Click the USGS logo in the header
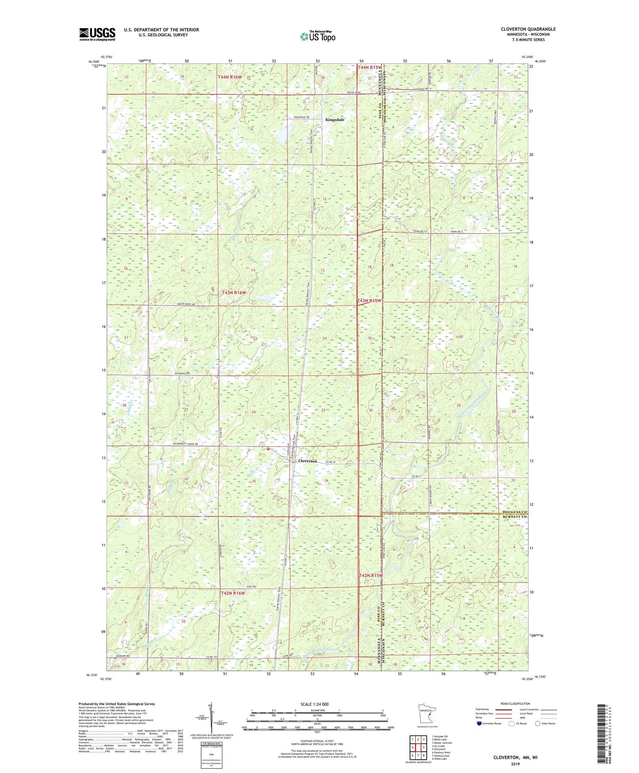pos(97,34)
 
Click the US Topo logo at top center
pos(317,36)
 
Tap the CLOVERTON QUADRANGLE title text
pos(528,29)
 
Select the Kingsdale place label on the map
pos(335,120)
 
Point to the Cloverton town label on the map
pos(307,461)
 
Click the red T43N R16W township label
pos(234,293)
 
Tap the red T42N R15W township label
pos(370,576)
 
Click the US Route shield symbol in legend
pos(512,723)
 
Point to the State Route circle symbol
pos(537,723)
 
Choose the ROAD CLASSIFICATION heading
pos(516,703)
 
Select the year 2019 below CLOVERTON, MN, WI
pos(515,764)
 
